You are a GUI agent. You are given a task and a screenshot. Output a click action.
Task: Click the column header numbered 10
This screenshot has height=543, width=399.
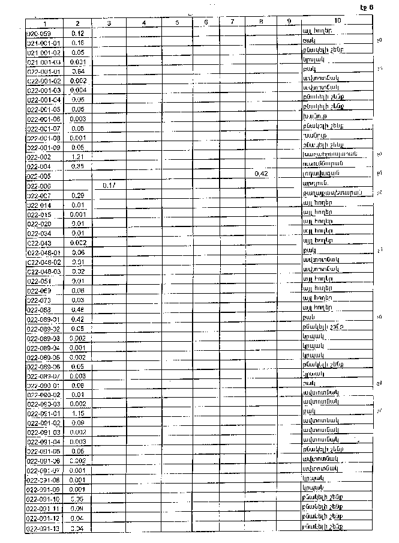click(337, 22)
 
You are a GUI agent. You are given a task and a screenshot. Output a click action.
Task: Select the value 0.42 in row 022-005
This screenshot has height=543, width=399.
click(261, 174)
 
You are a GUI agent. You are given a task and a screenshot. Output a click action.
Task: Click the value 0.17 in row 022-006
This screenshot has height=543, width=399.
click(109, 186)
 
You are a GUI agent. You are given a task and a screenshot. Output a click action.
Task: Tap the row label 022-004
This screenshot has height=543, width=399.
click(39, 167)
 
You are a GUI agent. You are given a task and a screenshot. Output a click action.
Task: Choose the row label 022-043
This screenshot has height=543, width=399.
click(40, 243)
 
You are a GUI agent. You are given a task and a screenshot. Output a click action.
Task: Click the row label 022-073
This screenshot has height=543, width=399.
click(40, 300)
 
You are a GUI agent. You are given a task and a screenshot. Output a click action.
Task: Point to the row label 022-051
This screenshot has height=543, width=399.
click(40, 281)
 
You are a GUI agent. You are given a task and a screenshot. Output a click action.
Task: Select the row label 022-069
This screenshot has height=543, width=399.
click(40, 290)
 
